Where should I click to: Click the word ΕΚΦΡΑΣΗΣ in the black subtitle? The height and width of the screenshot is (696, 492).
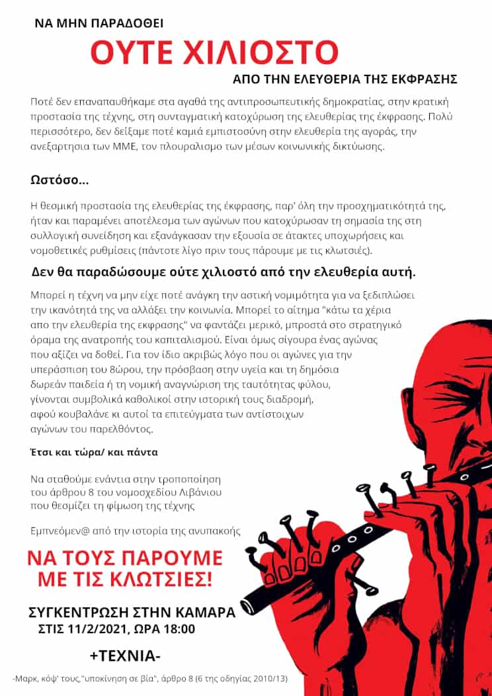[x=426, y=79]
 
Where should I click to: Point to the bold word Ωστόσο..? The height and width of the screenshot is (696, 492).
[x=58, y=180]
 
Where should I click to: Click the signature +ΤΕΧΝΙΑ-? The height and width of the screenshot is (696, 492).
[x=125, y=656]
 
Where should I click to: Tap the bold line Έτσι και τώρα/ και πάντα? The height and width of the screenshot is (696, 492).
[x=95, y=453]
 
